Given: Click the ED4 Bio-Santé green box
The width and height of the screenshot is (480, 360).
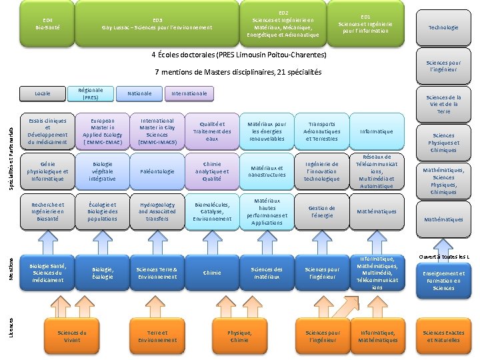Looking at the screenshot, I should point(48,23).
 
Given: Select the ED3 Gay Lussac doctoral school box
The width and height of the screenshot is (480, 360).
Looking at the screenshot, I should point(157,23).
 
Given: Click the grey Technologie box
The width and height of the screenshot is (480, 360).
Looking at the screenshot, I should point(443,27).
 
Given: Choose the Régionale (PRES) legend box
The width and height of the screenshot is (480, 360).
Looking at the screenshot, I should point(91,93).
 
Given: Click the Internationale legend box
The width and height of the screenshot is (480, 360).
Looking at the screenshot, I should point(189,93).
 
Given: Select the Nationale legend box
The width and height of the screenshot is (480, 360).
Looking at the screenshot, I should point(139,93).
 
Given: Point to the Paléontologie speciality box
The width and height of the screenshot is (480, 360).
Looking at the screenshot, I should point(157,171).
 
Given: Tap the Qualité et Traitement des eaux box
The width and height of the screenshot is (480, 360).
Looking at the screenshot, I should point(212,131).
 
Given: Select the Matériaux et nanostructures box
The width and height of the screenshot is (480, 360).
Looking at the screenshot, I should point(267,171).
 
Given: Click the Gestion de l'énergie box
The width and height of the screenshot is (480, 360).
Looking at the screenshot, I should point(322,211).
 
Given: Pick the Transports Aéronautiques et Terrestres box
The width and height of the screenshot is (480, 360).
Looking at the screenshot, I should point(322,131).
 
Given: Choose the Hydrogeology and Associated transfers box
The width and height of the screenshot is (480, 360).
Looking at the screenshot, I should point(157,211).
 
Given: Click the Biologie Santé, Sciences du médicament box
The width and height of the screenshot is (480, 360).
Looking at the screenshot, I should point(48,273).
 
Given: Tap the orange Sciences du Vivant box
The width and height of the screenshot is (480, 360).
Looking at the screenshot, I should point(72,336).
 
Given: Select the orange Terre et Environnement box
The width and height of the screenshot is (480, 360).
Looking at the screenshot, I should point(157,336).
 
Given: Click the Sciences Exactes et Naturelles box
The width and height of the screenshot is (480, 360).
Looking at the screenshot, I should point(443,336).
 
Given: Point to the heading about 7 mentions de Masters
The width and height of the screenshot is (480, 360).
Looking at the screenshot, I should point(238,72).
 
